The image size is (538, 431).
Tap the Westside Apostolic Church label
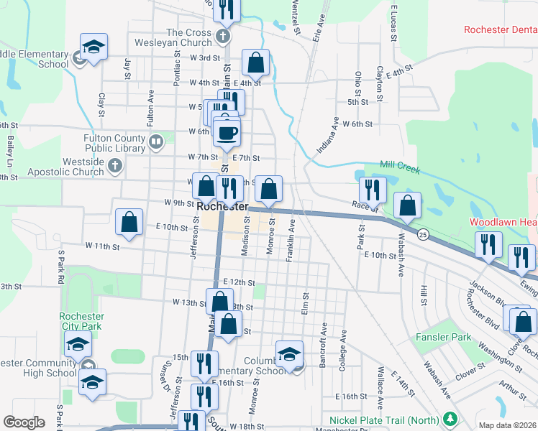tap(65, 167)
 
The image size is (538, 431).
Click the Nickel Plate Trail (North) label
tap(385, 419)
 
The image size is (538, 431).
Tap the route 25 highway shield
tap(423, 235)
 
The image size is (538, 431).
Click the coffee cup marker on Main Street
tap(227, 133)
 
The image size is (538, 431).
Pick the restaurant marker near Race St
tap(373, 190)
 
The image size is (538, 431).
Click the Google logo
tap(24, 422)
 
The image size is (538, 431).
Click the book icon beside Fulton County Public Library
tap(155, 142)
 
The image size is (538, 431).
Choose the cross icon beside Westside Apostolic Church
tap(114, 167)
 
